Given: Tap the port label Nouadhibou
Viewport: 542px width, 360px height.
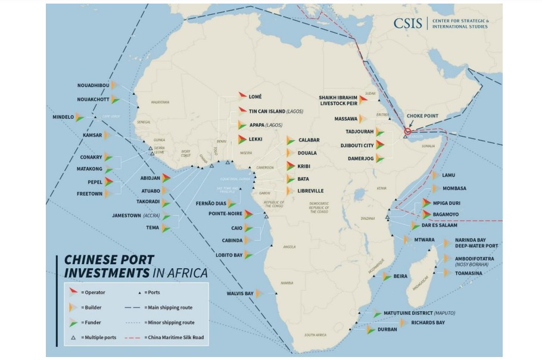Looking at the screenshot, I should [x=94, y=85].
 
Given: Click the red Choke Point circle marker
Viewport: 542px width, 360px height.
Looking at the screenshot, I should [x=408, y=131].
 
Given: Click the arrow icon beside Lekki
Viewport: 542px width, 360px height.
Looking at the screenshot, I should [x=242, y=139].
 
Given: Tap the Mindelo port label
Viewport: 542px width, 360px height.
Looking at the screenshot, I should [x=63, y=117].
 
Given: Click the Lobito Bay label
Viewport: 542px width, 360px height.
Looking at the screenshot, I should [x=229, y=255].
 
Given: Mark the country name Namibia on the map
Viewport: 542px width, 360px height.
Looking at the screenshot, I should [x=286, y=283].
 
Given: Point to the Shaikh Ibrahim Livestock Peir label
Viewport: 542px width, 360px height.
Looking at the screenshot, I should [x=338, y=100].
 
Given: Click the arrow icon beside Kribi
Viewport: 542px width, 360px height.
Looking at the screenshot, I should [x=291, y=166].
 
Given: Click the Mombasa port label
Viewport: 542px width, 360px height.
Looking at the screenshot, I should [x=454, y=188].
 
